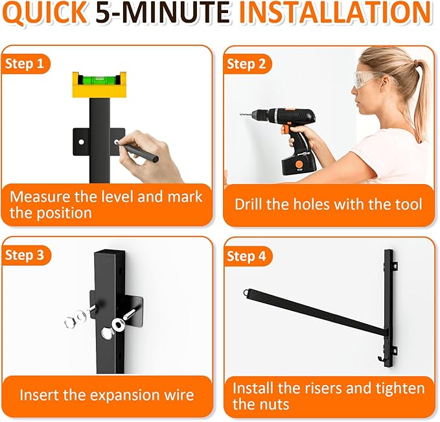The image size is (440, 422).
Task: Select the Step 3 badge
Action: [28, 255]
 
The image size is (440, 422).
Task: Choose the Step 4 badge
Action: [248, 257]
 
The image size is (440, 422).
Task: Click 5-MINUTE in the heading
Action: [164, 14]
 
